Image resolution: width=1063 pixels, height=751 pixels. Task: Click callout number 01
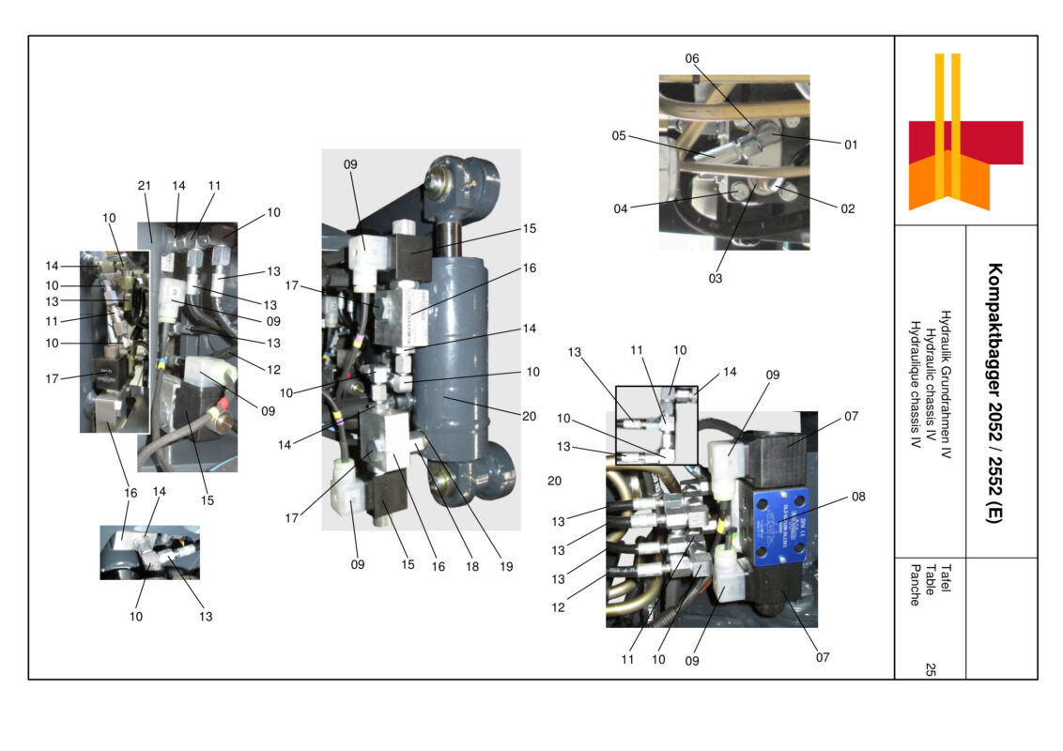850,145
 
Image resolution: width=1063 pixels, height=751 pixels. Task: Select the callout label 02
847,209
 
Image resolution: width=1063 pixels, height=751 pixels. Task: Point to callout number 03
716,279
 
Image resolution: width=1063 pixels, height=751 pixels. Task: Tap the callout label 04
621,209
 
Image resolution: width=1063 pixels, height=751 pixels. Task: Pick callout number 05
619,135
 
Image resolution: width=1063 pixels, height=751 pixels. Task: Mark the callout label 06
692,58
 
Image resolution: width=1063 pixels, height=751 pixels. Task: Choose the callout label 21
145,186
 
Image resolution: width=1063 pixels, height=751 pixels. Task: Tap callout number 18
473,567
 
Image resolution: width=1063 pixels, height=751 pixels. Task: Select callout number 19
507,567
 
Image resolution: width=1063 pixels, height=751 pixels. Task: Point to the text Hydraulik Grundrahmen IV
946,391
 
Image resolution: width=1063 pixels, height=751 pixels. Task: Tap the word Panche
914,584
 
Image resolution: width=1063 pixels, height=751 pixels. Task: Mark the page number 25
930,669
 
